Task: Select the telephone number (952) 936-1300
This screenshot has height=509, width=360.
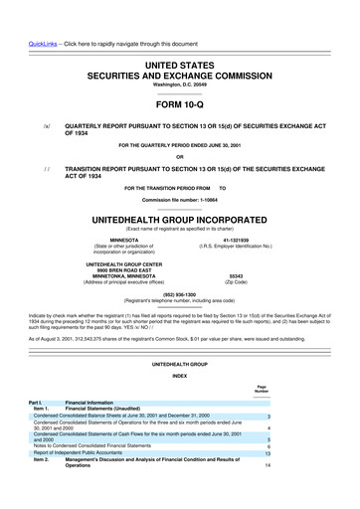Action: [x=179, y=294]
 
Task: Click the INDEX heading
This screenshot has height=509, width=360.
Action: [x=179, y=376]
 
